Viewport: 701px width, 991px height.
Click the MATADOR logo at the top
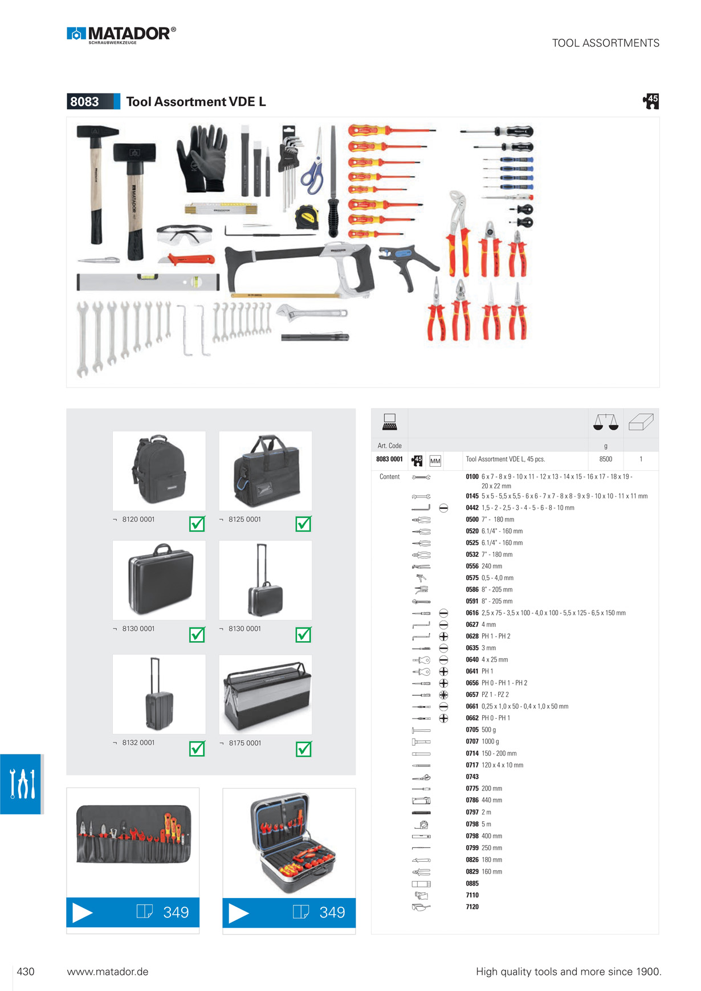point(121,35)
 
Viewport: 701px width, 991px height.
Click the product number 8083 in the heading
point(84,101)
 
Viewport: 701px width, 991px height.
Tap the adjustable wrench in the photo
point(311,312)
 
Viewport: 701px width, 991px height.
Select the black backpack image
point(159,471)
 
